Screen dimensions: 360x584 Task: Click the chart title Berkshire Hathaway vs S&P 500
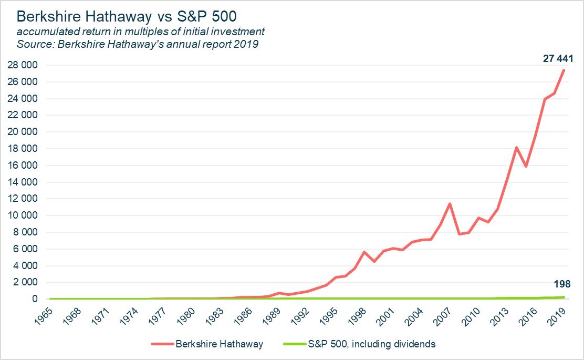(127, 15)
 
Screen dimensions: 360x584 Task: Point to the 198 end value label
(562, 285)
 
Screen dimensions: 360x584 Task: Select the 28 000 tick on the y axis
(23, 65)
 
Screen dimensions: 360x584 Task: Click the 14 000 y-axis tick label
(23, 182)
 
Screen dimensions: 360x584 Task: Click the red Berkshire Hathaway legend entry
(207, 344)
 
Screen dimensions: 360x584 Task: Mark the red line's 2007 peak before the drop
(450, 204)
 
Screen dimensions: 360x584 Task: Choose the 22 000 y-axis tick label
(23, 115)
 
